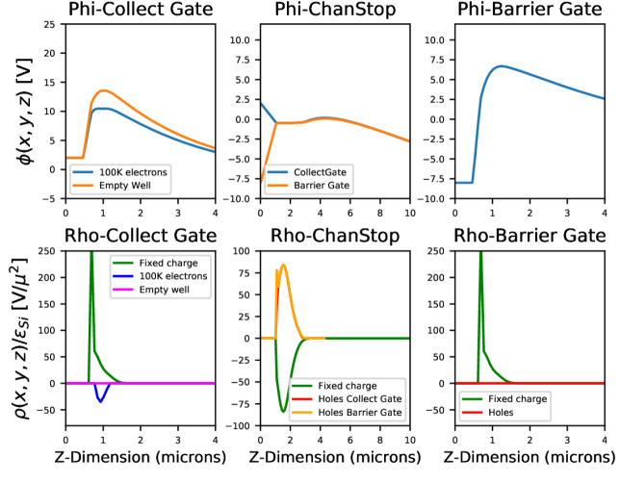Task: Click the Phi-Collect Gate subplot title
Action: pyautogui.click(x=141, y=11)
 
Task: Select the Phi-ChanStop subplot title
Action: pyautogui.click(x=334, y=11)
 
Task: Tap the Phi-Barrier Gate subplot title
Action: pyautogui.click(x=529, y=11)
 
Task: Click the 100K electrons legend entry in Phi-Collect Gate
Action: pyautogui.click(x=119, y=170)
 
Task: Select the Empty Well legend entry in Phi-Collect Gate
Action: pyautogui.click(x=114, y=185)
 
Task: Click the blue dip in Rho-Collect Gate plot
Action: pyautogui.click(x=101, y=400)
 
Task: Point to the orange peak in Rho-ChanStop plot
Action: pyautogui.click(x=283, y=266)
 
